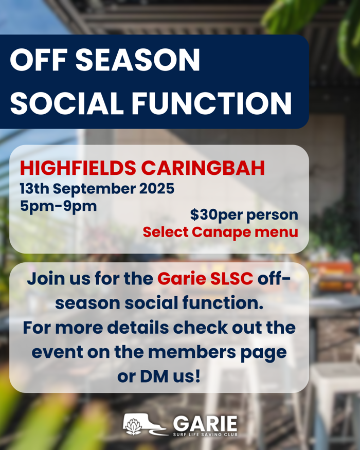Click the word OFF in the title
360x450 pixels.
coord(38,60)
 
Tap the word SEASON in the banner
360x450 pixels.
coord(138,60)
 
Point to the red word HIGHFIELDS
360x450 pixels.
coord(78,168)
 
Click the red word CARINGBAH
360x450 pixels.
coord(203,168)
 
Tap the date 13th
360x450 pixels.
coord(34,189)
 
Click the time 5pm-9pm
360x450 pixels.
coord(58,207)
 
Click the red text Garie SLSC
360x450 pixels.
coord(205,278)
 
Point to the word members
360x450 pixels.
coord(192,352)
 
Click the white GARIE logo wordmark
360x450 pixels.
coord(205,424)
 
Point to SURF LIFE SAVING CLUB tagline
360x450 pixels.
coord(205,435)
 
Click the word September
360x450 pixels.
coord(95,189)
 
